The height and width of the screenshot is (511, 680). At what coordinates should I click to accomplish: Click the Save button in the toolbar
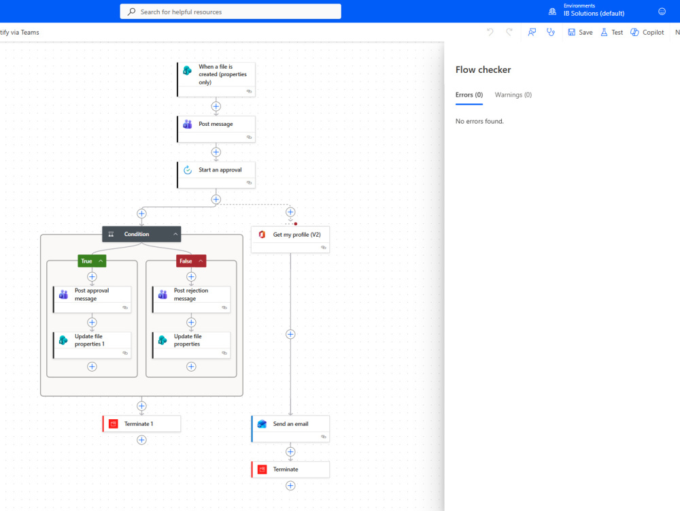pyautogui.click(x=580, y=33)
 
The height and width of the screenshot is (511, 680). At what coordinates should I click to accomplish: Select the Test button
pyautogui.click(x=611, y=33)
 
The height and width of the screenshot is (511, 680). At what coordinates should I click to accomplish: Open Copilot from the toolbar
pyautogui.click(x=647, y=33)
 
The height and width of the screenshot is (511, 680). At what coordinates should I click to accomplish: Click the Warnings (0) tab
pyautogui.click(x=513, y=95)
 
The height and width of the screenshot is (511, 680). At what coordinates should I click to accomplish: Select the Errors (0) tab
pyautogui.click(x=469, y=95)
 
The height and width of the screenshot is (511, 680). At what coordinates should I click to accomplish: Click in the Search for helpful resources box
pyautogui.click(x=231, y=12)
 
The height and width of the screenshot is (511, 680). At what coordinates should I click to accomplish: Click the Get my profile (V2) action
pyautogui.click(x=290, y=240)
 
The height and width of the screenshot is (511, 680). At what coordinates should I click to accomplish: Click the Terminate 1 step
pyautogui.click(x=141, y=424)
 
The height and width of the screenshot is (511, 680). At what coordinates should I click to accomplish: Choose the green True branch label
pyautogui.click(x=92, y=261)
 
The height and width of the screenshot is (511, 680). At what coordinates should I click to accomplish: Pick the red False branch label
pyautogui.click(x=191, y=261)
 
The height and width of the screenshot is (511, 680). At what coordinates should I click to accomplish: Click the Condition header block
pyautogui.click(x=141, y=234)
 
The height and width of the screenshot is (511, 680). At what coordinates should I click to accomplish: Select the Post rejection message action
pyautogui.click(x=191, y=299)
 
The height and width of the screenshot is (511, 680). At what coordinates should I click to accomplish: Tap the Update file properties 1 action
pyautogui.click(x=92, y=345)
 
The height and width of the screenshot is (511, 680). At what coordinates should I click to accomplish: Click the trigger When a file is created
pyautogui.click(x=216, y=80)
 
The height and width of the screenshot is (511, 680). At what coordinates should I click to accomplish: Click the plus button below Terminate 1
pyautogui.click(x=141, y=440)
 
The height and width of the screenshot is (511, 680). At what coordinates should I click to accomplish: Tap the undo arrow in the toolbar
pyautogui.click(x=490, y=32)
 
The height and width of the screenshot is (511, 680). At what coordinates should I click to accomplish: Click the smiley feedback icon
pyautogui.click(x=662, y=12)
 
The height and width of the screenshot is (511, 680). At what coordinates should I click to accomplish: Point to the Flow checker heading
pyautogui.click(x=483, y=70)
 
